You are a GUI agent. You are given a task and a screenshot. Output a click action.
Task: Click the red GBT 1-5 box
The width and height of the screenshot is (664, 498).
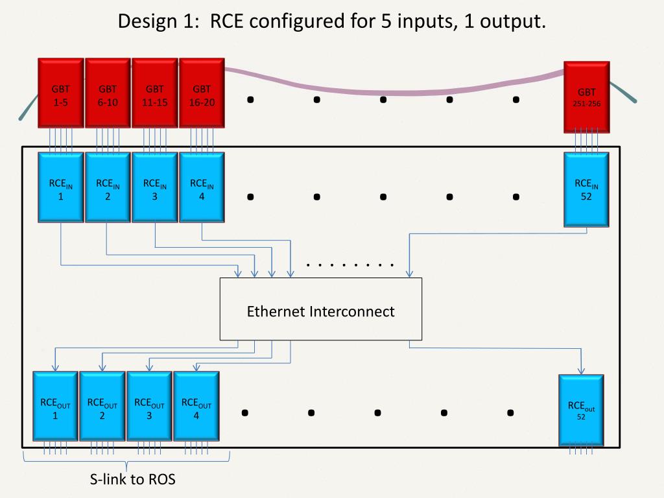(x=61, y=94)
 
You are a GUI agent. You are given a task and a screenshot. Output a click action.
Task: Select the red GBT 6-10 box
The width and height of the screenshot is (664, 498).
(x=108, y=94)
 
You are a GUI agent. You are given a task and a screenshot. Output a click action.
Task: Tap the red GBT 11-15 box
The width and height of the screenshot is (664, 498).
(x=154, y=94)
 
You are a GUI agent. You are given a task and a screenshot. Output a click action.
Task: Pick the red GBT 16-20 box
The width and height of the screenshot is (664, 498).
(x=202, y=94)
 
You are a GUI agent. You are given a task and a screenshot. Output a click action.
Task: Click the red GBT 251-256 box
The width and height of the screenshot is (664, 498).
(x=586, y=97)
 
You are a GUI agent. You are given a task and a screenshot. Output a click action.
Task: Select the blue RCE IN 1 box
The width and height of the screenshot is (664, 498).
(x=61, y=188)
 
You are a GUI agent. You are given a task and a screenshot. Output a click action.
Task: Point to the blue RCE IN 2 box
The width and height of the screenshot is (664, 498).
(x=108, y=188)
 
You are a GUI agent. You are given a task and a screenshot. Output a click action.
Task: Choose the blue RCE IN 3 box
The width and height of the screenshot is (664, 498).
(x=154, y=188)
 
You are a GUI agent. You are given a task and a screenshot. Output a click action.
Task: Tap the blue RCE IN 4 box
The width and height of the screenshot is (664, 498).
(x=202, y=188)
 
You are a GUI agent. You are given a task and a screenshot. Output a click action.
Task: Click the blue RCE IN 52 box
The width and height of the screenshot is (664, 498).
(x=586, y=189)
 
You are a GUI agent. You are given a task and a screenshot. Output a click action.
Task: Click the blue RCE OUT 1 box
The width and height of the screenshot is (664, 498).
(x=55, y=407)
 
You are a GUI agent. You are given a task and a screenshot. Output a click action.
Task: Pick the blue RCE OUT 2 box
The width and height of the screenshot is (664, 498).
(x=102, y=407)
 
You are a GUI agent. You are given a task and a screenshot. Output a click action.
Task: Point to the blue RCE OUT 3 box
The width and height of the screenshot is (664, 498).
(x=149, y=407)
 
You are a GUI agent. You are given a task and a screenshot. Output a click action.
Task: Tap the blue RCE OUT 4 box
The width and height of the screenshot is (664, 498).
(x=196, y=407)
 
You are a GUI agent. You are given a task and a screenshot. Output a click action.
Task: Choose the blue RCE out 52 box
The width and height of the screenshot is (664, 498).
(x=581, y=410)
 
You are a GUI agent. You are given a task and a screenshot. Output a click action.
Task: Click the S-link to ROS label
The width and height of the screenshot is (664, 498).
(x=132, y=480)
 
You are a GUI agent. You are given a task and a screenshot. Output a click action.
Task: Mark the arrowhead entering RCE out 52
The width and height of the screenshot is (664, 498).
(x=581, y=371)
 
